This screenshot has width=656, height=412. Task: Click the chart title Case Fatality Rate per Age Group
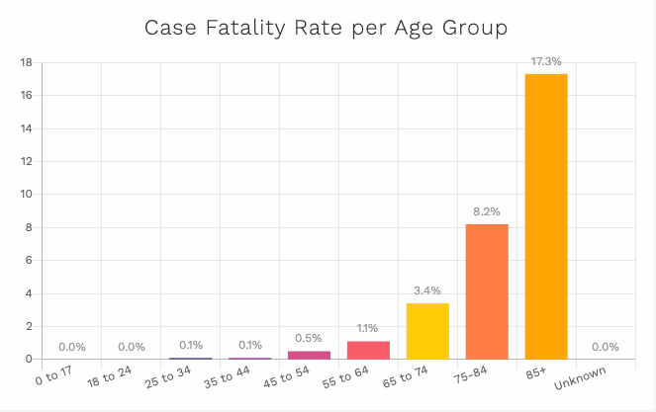pos(327,28)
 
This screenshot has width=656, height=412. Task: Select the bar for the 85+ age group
pos(546,216)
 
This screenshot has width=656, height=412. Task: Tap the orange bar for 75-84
pos(487,291)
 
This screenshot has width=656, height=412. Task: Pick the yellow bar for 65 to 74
pos(427,331)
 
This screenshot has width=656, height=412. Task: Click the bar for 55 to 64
pos(368,350)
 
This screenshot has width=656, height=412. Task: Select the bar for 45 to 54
pos(309,355)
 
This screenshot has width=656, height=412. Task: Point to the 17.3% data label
pos(546,61)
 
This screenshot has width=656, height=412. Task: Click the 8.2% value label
pos(487,211)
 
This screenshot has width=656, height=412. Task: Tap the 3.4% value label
pos(427,290)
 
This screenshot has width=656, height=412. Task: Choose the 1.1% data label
pos(368,328)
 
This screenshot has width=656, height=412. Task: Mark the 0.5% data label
pos(309,338)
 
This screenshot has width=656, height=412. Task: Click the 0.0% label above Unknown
pos(605,347)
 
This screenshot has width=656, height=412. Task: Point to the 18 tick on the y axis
pos(27,62)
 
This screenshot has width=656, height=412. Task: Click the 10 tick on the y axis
pos(27,195)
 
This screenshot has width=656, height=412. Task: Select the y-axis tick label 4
pos(31,293)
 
